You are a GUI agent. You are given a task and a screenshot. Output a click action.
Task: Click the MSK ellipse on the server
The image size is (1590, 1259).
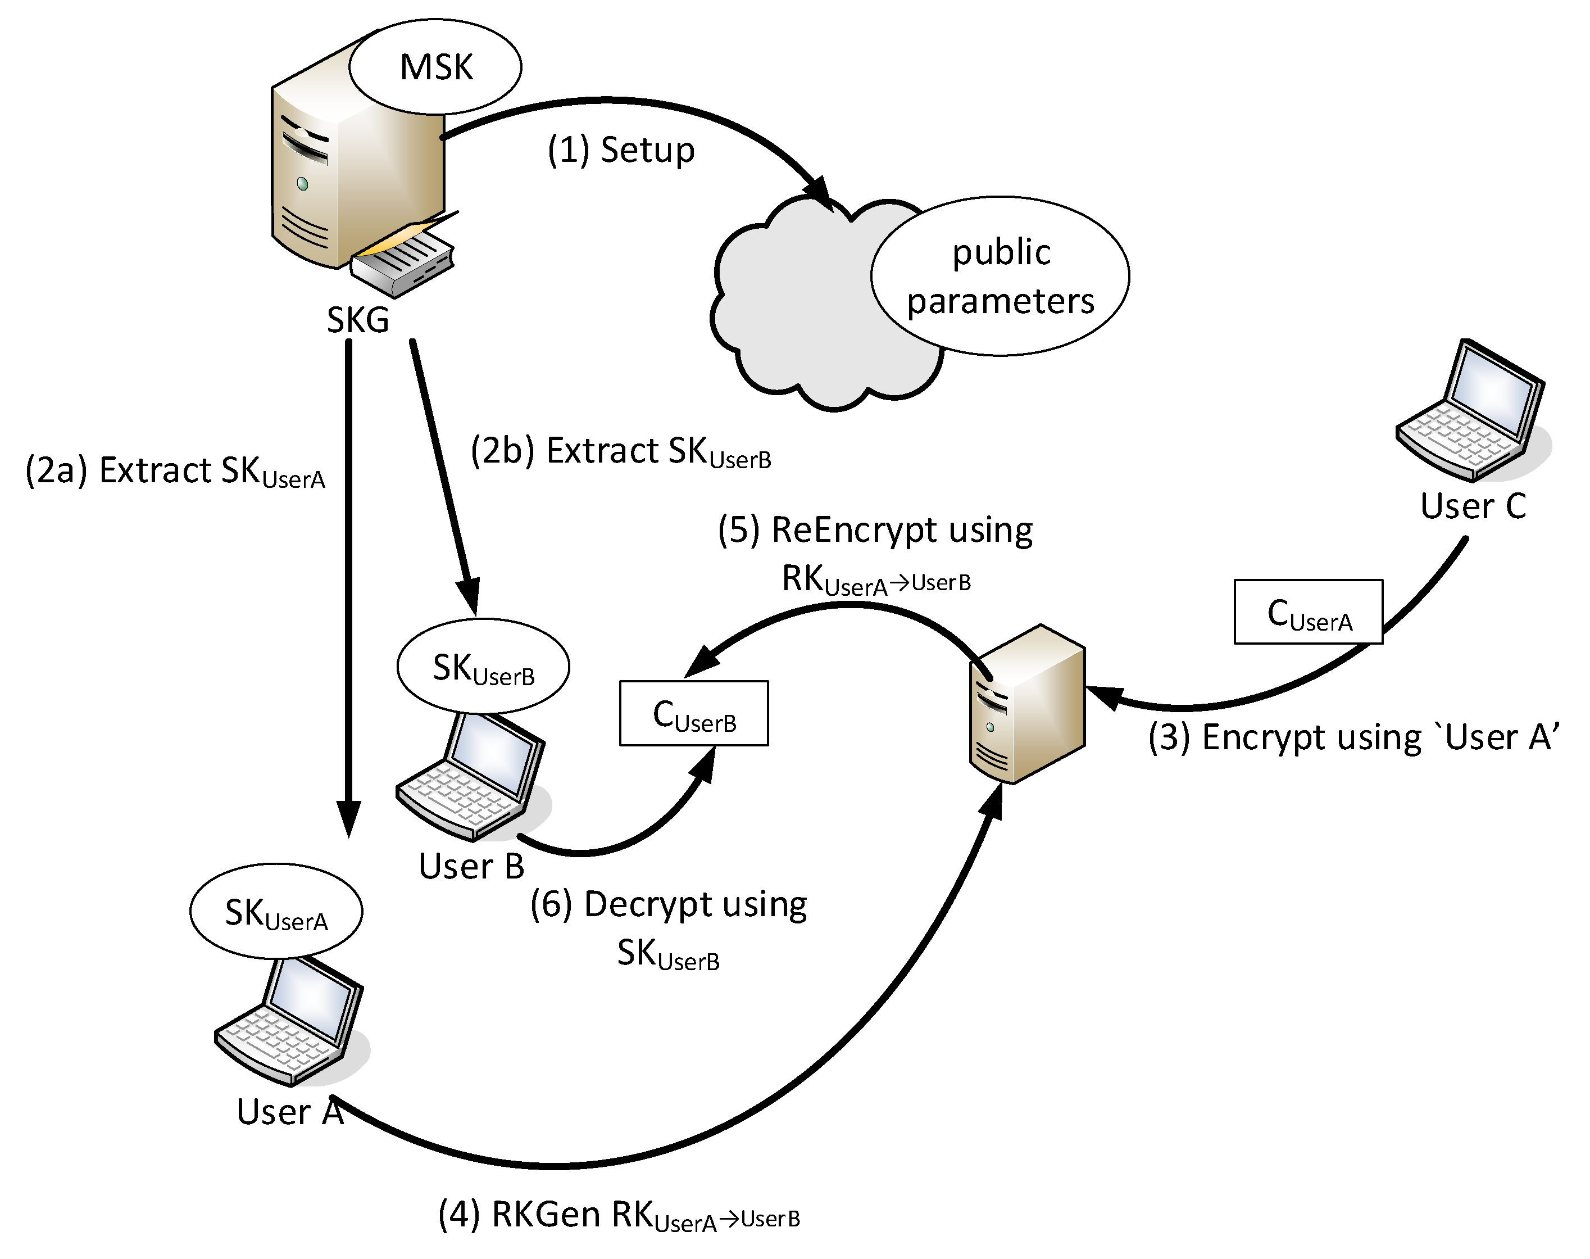click(x=435, y=66)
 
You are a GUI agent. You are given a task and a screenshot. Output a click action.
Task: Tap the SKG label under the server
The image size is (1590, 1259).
click(x=357, y=320)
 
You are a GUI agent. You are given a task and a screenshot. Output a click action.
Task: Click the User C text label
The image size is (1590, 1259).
click(x=1472, y=506)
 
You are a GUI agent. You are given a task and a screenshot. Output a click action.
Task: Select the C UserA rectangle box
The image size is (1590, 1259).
click(x=1308, y=613)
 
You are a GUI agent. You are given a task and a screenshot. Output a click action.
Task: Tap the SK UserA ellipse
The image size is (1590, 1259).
click(x=275, y=912)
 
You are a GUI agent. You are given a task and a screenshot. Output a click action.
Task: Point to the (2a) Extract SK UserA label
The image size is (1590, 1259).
click(x=175, y=471)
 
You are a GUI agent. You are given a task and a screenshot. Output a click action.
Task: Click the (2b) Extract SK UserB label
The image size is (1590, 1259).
click(x=620, y=451)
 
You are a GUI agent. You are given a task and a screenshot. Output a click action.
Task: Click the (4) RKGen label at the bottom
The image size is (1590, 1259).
click(x=619, y=1215)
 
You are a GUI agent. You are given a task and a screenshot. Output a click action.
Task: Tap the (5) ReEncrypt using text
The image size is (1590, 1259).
click(x=875, y=531)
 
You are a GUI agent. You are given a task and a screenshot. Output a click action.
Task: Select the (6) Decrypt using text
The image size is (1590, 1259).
click(x=668, y=904)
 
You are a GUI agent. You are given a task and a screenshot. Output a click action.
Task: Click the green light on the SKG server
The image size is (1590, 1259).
click(x=302, y=184)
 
